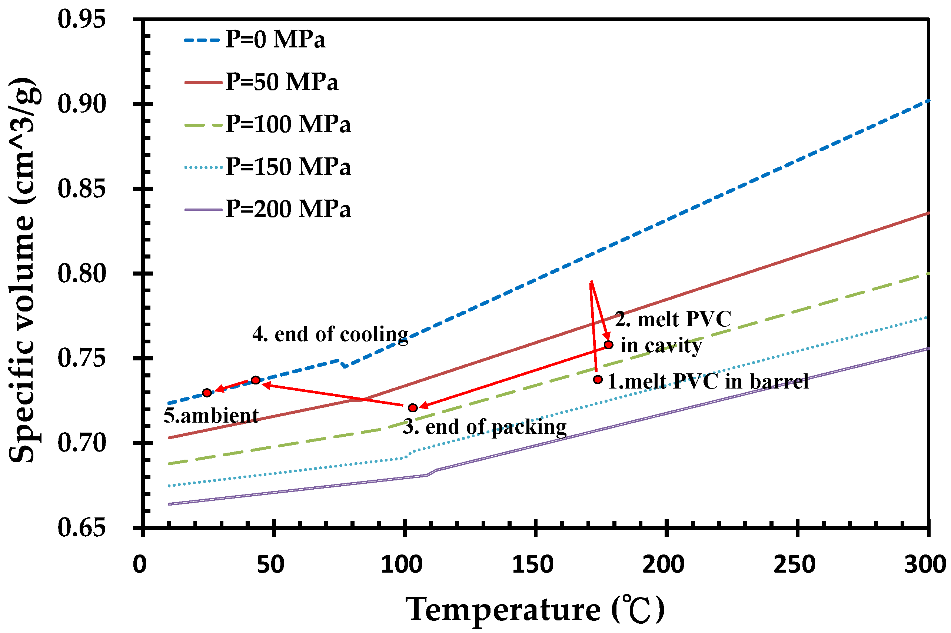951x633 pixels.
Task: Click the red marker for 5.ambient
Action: (x=207, y=392)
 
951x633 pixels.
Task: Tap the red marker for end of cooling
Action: (x=256, y=380)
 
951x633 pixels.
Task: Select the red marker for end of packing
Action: (x=413, y=408)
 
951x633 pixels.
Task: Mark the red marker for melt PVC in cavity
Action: (x=609, y=345)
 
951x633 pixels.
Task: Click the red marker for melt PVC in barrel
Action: (x=598, y=380)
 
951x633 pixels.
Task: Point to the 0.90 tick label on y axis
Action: (x=82, y=104)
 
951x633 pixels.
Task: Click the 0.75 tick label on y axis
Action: (x=82, y=358)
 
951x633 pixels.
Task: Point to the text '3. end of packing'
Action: (x=485, y=427)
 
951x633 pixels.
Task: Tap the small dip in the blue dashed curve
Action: (x=344, y=365)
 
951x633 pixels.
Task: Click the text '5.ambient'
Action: (x=211, y=416)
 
